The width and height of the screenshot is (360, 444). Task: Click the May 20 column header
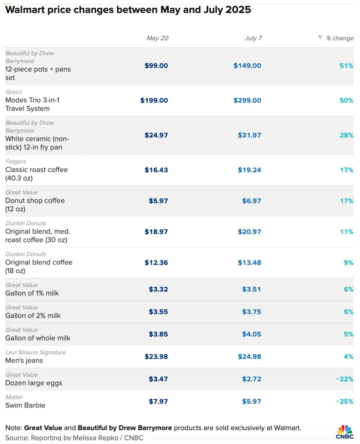(x=157, y=38)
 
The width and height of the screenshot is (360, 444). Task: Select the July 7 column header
(x=253, y=38)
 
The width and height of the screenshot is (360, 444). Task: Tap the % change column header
(x=340, y=38)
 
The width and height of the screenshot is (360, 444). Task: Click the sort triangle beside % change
(x=320, y=37)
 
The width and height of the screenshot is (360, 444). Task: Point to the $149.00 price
(x=247, y=66)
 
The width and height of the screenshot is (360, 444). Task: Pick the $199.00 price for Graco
(x=154, y=101)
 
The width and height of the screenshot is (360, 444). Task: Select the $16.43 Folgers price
(x=156, y=170)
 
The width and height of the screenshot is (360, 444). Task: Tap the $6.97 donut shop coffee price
(x=251, y=201)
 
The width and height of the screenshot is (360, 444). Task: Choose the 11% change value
(x=347, y=232)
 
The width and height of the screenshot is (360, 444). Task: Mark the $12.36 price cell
(x=156, y=262)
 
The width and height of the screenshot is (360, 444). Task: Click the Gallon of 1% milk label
(x=33, y=293)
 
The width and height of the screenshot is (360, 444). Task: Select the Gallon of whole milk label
(x=37, y=338)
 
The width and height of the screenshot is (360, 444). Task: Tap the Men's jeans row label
(x=24, y=361)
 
